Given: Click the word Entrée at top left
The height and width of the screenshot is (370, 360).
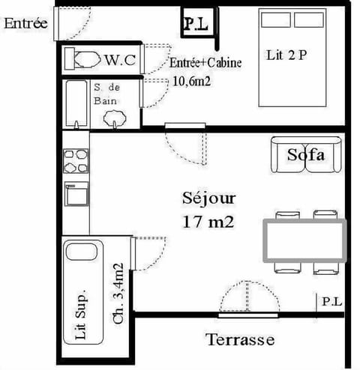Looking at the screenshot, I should click(25, 23).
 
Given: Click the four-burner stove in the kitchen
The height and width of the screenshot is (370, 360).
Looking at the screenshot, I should click(76, 163).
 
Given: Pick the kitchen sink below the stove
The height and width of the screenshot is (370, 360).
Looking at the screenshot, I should click(76, 195).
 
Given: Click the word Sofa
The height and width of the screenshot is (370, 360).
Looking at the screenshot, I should click(306, 155).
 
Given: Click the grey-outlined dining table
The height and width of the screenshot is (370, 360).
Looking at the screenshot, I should click(303, 240).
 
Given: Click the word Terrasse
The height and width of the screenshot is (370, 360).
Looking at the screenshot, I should click(240, 340).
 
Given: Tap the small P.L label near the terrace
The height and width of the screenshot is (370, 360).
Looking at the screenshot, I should click(331, 301).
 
